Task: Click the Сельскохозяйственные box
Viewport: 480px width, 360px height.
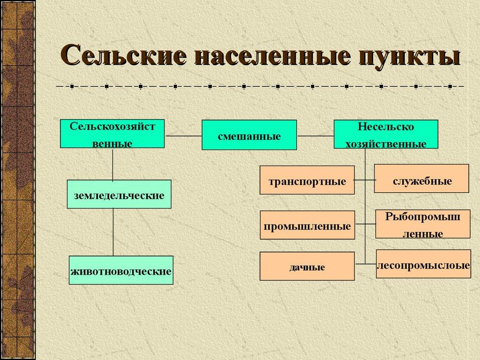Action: [112, 134]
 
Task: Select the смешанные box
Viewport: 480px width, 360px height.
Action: [249, 135]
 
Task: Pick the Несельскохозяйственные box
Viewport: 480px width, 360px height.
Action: [385, 134]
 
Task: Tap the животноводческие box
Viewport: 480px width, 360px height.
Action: [121, 270]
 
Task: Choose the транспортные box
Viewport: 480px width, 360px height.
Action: [307, 180]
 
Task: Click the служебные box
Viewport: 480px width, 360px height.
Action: [421, 179]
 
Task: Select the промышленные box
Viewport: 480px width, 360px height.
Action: [307, 225]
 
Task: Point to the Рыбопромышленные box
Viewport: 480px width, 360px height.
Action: [422, 224]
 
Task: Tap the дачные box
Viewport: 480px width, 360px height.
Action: [307, 266]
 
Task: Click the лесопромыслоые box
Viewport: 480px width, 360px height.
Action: [423, 264]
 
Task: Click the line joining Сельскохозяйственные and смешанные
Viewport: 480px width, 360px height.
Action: [183, 136]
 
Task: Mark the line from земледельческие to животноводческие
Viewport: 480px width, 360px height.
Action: [113, 232]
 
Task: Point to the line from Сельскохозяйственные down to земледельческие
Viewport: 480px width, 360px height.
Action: [112, 164]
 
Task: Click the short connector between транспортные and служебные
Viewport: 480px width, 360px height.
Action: [364, 180]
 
